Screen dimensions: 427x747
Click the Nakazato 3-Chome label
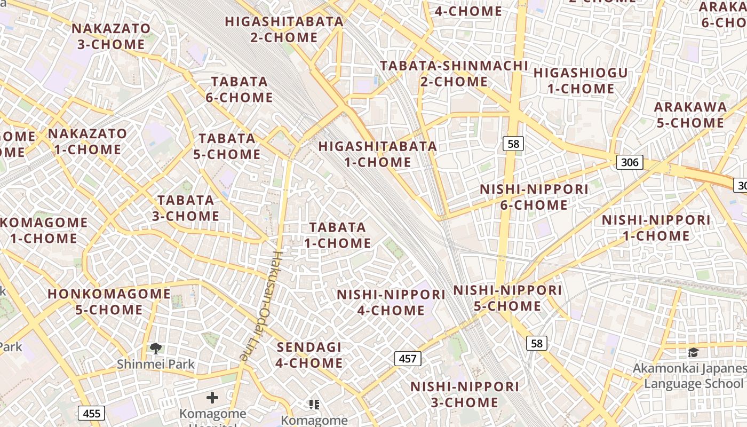coord(111,36)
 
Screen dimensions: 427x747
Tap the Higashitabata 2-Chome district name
coord(284,29)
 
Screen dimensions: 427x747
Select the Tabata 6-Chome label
coord(239,90)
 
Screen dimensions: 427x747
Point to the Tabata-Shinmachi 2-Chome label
coord(454,74)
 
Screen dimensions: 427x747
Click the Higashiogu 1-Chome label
coord(581,81)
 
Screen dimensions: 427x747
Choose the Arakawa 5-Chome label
coord(690,115)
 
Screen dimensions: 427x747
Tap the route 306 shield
coord(630,162)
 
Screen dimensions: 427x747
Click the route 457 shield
coord(408,358)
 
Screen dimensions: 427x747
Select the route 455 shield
coord(91,413)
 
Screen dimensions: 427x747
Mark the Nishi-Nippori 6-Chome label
coord(534,197)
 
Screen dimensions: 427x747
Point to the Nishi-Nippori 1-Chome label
coord(656,228)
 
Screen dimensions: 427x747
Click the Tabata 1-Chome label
coord(338,235)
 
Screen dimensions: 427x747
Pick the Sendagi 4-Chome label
coord(309,355)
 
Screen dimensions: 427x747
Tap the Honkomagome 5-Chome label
coord(109,302)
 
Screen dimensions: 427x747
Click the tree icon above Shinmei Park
coord(156,349)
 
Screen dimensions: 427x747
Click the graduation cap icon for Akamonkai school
coord(693,353)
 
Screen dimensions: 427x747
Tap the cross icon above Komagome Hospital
coord(212,398)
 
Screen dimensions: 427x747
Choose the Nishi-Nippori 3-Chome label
coord(464,394)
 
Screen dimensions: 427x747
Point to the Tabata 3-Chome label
coord(186,208)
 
